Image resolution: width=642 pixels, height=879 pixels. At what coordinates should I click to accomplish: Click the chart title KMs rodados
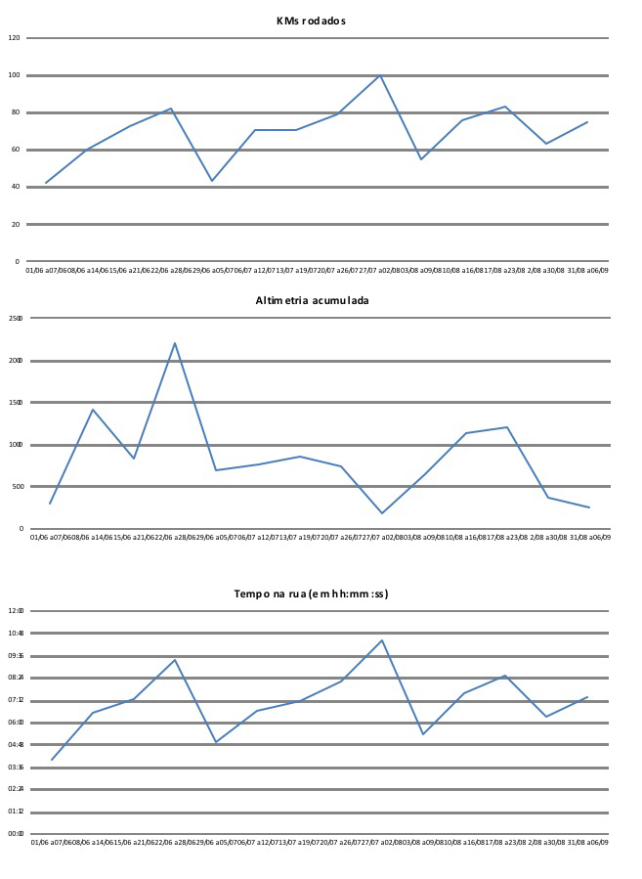[x=311, y=21]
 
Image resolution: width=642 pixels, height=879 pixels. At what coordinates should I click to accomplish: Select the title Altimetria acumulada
[x=312, y=300]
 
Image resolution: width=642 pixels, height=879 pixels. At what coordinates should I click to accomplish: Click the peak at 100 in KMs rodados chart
[x=380, y=75]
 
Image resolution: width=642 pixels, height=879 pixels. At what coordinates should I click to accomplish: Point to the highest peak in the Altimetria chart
[x=175, y=343]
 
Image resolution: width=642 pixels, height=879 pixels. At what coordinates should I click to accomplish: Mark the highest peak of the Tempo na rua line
[x=382, y=640]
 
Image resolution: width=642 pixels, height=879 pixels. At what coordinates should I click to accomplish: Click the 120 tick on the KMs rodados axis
[x=15, y=38]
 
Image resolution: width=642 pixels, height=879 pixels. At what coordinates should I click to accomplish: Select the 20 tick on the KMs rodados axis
[x=16, y=225]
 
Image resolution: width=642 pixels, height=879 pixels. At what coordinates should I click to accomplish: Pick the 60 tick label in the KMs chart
[x=16, y=150]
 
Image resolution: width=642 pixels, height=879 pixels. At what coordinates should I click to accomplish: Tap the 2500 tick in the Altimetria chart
[x=16, y=319]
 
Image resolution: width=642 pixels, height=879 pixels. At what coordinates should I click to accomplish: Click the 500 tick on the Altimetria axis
[x=17, y=487]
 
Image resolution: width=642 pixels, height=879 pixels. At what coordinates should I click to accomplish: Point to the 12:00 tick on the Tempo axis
[x=16, y=611]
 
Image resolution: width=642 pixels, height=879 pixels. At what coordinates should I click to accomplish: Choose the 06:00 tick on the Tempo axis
[x=16, y=723]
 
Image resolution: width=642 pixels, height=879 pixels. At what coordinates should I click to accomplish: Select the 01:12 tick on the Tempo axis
[x=16, y=812]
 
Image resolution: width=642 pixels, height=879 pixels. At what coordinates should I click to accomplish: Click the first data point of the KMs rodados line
[x=46, y=183]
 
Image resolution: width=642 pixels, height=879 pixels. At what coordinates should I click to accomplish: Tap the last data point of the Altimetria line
[x=589, y=507]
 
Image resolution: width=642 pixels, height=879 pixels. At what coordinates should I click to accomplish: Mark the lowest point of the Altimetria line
[x=382, y=513]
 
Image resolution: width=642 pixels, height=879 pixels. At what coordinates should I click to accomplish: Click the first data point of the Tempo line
[x=51, y=760]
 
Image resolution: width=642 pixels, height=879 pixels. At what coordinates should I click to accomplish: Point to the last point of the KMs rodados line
[x=587, y=122]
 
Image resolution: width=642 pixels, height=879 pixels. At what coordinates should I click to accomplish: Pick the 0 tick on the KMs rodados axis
[x=17, y=262]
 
